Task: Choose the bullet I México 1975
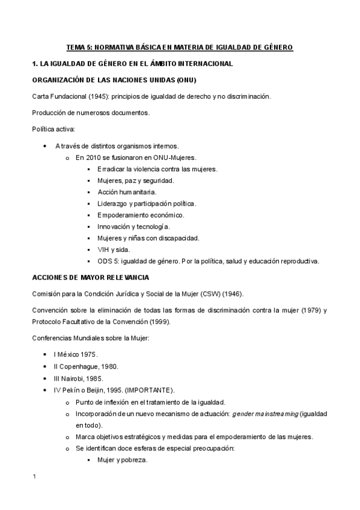tap(76, 354)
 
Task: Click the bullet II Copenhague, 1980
tap(85, 366)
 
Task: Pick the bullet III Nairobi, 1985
tap(78, 378)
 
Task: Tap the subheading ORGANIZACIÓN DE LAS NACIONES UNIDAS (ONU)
tap(114, 80)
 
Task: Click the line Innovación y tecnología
tap(133, 226)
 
